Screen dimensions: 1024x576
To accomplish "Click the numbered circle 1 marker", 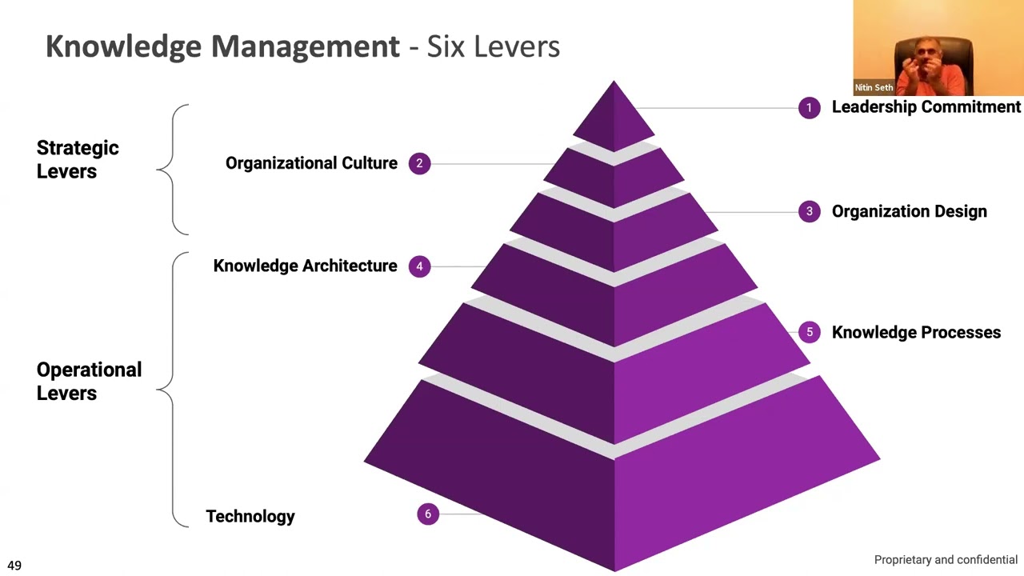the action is click(809, 107).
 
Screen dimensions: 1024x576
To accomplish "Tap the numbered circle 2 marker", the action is click(419, 163).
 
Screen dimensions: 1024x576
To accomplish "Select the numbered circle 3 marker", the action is click(809, 211).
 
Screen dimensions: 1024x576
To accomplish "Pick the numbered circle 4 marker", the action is click(419, 266).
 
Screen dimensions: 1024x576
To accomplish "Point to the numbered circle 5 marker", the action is click(809, 332).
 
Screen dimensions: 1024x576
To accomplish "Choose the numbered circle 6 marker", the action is click(428, 514).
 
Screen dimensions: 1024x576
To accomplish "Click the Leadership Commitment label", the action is click(926, 107).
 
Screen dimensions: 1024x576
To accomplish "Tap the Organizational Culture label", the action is click(311, 163).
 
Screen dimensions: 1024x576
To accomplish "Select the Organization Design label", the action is click(909, 212).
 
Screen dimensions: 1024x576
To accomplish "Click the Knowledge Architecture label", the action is click(305, 266).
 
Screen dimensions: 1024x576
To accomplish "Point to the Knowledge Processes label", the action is click(916, 333).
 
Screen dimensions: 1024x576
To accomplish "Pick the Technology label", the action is click(250, 517).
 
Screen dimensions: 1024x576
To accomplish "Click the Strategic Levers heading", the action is click(78, 159).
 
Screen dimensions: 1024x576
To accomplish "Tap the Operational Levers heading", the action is click(89, 381).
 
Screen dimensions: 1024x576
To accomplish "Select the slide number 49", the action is click(14, 566).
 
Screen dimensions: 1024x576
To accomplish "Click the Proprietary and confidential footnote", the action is click(946, 560).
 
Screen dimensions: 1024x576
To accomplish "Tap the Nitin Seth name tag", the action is click(874, 87).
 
